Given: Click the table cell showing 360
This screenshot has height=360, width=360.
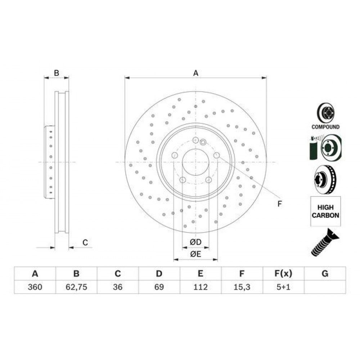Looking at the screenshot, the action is [x=35, y=287].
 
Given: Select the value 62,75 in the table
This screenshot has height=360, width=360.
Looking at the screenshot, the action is [x=76, y=287].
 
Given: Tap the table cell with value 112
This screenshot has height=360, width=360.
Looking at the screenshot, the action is [x=201, y=287].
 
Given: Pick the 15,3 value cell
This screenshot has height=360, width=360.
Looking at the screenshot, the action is [x=242, y=287].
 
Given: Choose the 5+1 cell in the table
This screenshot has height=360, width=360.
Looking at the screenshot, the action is [x=284, y=287].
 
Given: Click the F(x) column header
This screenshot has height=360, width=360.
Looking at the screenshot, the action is [x=284, y=274].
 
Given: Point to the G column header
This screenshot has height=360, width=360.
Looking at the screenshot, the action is [x=325, y=274].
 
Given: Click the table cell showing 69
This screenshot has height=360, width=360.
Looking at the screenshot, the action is [x=159, y=287].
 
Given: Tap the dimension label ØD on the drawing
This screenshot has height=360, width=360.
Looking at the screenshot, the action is [x=195, y=242].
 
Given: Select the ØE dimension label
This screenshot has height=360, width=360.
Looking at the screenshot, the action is [x=195, y=254].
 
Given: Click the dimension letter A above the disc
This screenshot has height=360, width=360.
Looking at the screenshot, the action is [x=195, y=73].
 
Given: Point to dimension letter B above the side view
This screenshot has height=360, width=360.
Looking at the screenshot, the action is [x=57, y=73].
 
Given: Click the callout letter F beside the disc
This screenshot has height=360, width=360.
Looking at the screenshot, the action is [x=279, y=204].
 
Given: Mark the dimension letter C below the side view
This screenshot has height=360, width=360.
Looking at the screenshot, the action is [x=85, y=242].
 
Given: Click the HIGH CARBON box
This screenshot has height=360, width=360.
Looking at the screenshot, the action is [x=325, y=211].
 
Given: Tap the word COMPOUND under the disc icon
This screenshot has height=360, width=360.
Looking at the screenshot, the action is [x=325, y=127].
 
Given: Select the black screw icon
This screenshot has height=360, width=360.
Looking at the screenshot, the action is [x=324, y=242].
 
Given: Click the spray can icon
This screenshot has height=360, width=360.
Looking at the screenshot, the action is [x=313, y=148].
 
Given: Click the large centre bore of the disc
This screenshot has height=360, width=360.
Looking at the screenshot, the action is [x=195, y=162].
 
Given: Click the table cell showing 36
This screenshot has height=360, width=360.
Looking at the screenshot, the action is [x=118, y=287].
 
